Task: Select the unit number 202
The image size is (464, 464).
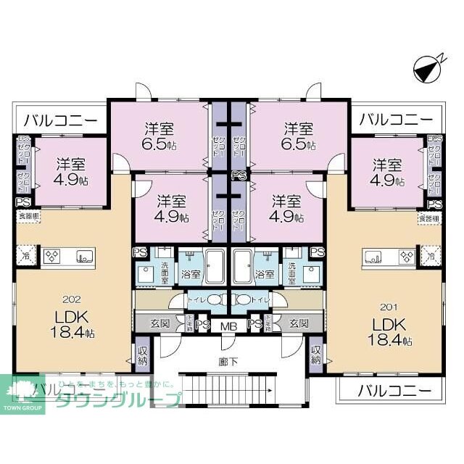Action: click(x=71, y=298)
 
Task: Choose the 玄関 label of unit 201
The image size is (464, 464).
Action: click(x=299, y=323)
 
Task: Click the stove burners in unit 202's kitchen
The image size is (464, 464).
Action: click(x=53, y=255)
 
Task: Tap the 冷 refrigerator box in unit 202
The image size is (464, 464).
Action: click(x=27, y=255)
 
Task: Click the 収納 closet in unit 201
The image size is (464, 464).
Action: click(x=316, y=355)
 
